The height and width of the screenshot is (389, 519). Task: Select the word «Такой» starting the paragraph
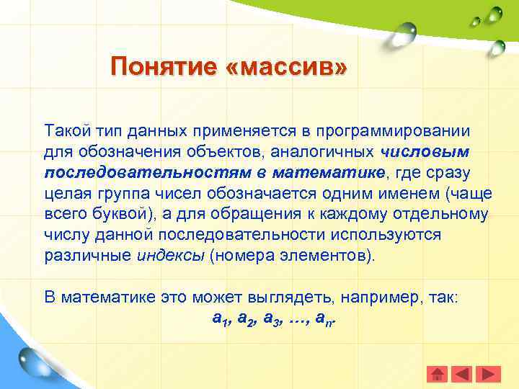[x=66, y=131]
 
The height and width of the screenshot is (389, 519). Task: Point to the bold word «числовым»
[x=425, y=152]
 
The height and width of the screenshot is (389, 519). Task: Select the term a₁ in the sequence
[x=221, y=318]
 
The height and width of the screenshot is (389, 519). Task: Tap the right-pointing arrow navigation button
[x=489, y=374]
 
